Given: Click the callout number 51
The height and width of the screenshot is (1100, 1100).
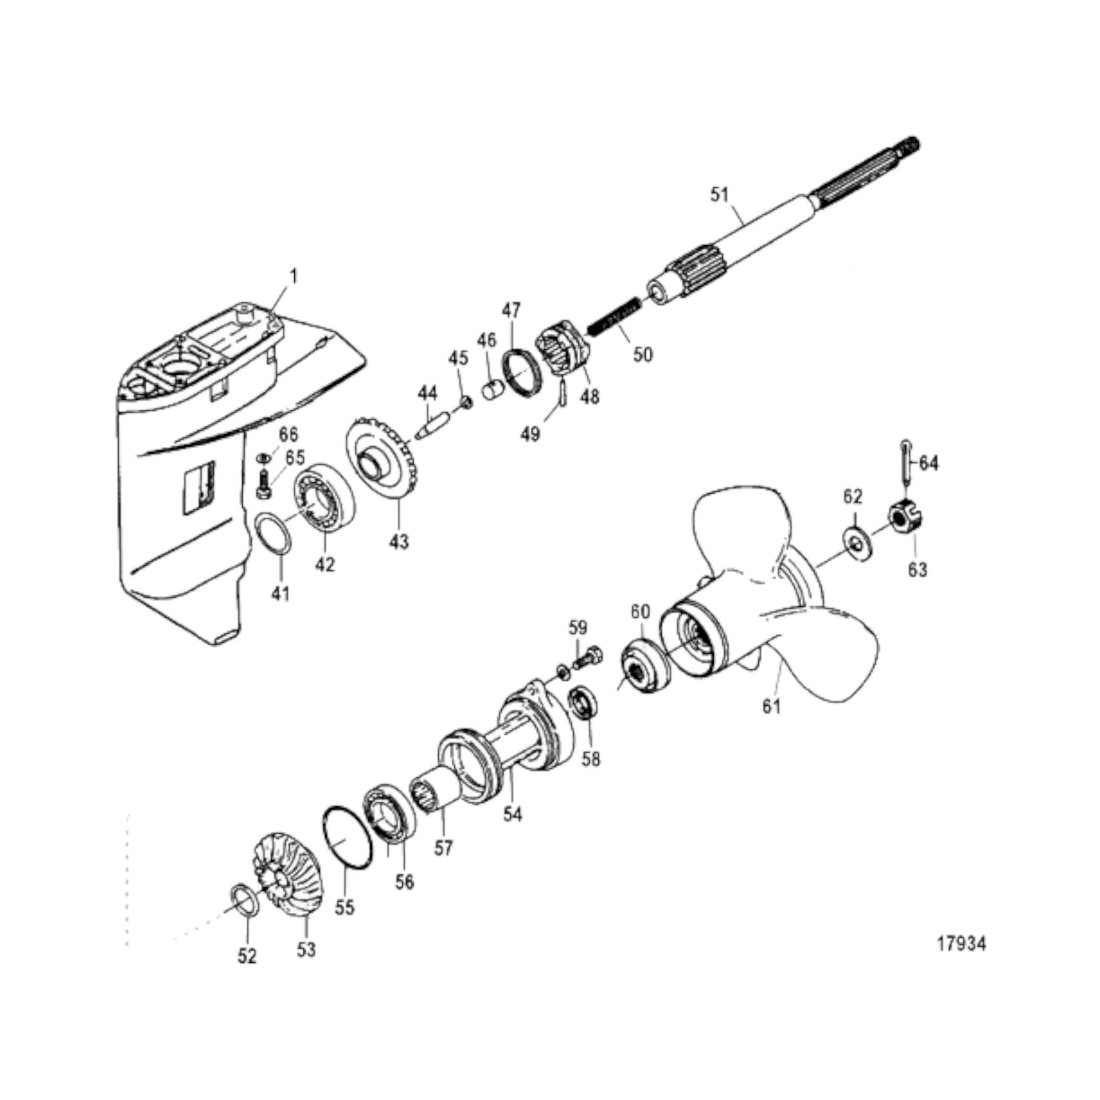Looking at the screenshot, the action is point(719,195).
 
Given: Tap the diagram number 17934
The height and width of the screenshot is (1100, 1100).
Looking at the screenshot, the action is point(962,944).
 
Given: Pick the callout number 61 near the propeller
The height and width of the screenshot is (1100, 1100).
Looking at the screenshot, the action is point(771,706).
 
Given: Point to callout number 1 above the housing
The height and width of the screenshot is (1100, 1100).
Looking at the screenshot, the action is point(294,276).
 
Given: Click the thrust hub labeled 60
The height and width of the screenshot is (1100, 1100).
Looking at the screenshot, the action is point(644,666).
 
